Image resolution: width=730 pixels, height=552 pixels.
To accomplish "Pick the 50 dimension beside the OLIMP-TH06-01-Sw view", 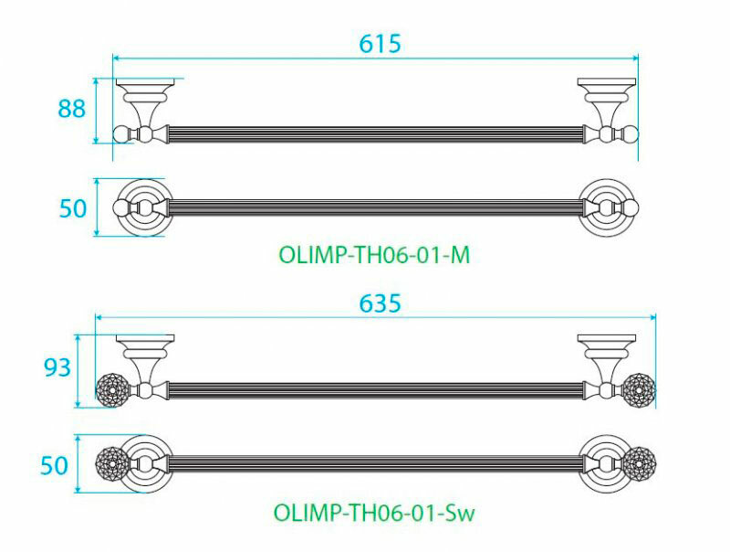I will pyautogui.click(x=57, y=465).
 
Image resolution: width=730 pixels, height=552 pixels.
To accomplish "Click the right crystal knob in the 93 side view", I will pyautogui.click(x=639, y=389).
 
